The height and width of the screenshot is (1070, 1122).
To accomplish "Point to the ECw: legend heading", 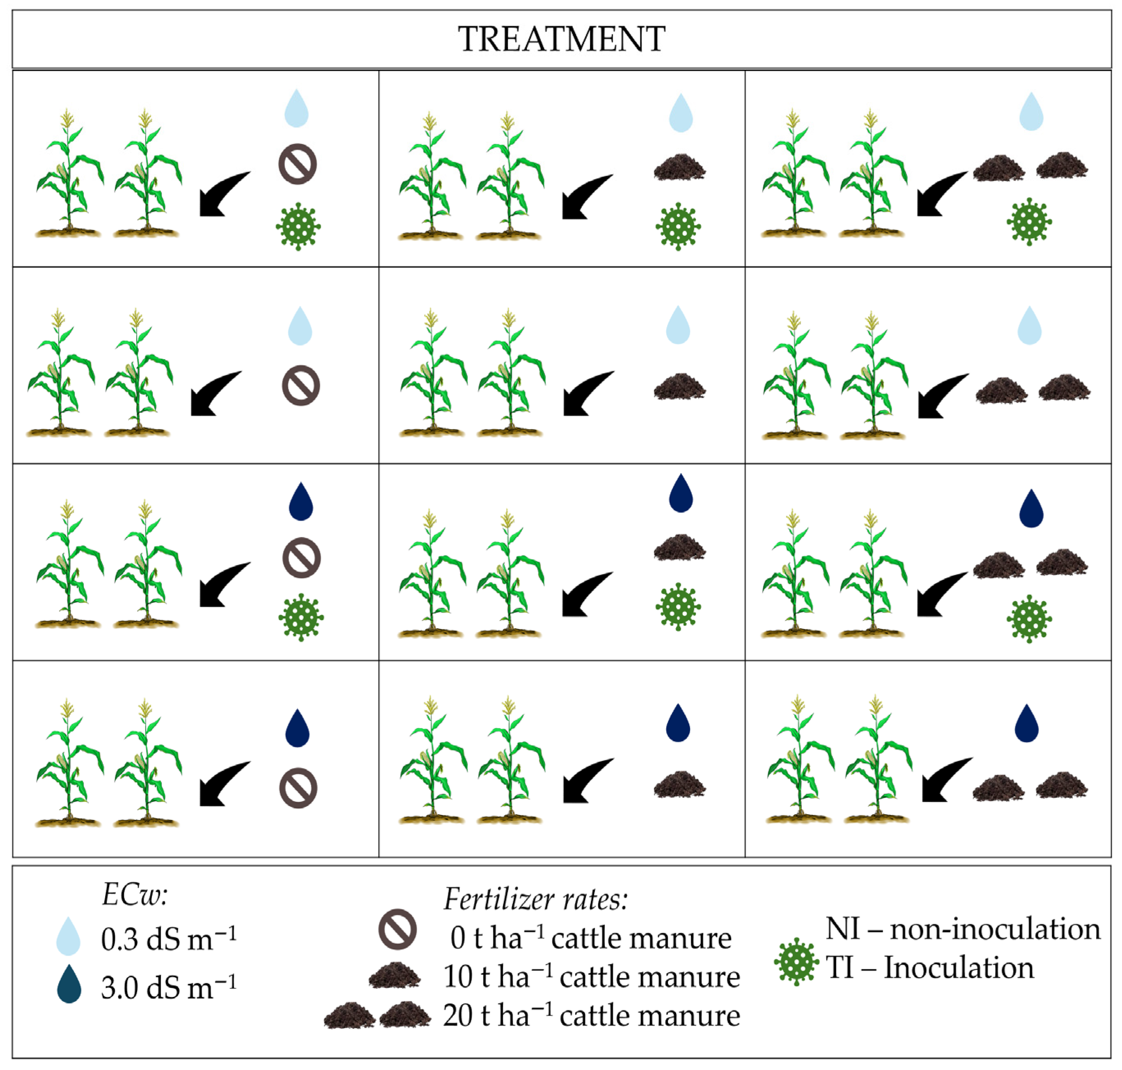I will pos(135,894).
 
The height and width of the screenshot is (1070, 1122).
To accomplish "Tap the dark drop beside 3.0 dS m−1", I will pos(69,984).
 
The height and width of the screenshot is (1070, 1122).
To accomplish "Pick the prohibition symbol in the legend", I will pos(397,929).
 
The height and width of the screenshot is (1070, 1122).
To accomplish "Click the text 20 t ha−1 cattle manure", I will pos(591,1015).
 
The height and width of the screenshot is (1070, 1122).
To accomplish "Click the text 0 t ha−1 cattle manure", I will pos(590,938).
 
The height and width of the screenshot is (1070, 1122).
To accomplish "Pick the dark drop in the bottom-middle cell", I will pos(678,723).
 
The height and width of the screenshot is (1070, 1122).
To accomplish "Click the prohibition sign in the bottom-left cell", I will pos(298,788).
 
